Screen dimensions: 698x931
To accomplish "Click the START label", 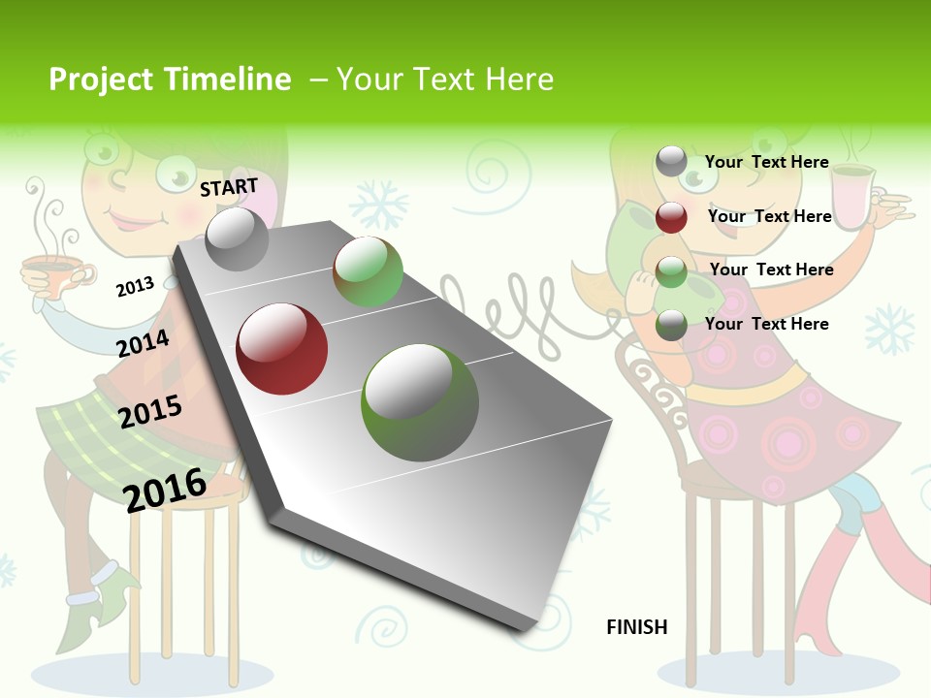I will tap(229, 186).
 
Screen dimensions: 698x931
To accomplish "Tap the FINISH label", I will tap(636, 627).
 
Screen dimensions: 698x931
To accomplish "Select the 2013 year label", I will tap(135, 287).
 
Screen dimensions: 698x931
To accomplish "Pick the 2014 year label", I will tap(143, 343).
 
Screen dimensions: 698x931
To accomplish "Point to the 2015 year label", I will tap(150, 412).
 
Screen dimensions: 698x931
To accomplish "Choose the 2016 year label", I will tap(165, 489).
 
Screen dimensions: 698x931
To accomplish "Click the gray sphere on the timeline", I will tap(238, 238).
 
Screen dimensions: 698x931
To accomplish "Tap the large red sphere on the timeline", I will tap(282, 349).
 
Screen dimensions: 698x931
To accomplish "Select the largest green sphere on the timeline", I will tap(420, 402).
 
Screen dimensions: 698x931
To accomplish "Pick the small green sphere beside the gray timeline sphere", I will tap(368, 272).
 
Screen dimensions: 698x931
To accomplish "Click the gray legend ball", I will tap(671, 161).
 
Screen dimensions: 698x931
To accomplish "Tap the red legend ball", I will tap(671, 217).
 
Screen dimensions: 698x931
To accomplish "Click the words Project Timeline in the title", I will tap(170, 79).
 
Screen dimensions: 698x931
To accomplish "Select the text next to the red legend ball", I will tap(769, 216).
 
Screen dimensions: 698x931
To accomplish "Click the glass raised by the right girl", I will tap(851, 199).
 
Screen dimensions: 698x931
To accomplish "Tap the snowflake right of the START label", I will tap(377, 203).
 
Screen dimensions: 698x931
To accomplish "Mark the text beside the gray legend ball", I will tap(766, 162).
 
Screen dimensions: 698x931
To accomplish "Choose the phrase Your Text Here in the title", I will tap(445, 79).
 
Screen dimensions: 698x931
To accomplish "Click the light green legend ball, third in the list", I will tap(671, 272).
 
